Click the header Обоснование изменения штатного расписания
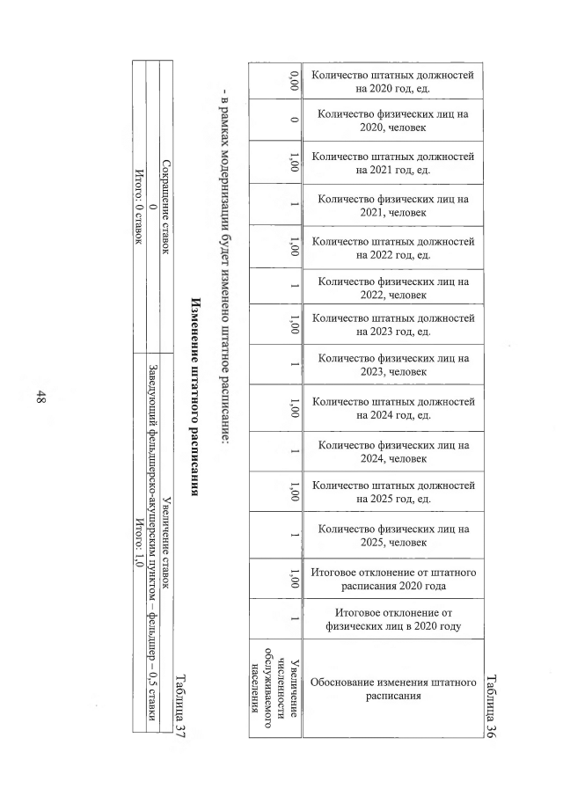pyautogui.click(x=393, y=688)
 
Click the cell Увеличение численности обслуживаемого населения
pyautogui.click(x=281, y=688)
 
